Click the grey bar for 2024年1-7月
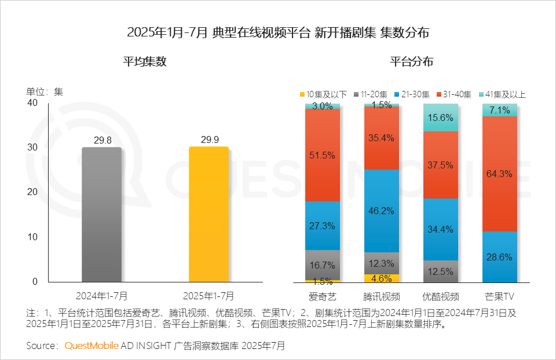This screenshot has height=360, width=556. pos(101,214)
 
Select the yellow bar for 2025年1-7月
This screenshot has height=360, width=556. pos(209,214)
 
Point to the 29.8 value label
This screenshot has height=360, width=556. pos(101,141)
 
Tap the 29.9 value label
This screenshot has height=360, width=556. pos(209,140)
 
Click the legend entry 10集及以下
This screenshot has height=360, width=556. pos(323,94)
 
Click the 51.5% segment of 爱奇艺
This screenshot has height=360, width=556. pos(323,155)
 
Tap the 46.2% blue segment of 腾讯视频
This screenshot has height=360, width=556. pos(382,211)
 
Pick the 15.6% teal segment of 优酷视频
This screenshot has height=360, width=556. pos(441,117)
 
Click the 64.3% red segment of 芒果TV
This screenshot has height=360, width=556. pos(500,174)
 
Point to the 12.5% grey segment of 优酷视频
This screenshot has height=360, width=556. pos(441,271)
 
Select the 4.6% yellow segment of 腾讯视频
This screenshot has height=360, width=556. pos(382,278)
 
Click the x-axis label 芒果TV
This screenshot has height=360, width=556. pos(500,297)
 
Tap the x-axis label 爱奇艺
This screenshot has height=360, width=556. pos(323,297)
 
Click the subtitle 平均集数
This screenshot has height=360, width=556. pos(145,62)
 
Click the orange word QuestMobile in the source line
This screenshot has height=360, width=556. pos(92,346)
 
